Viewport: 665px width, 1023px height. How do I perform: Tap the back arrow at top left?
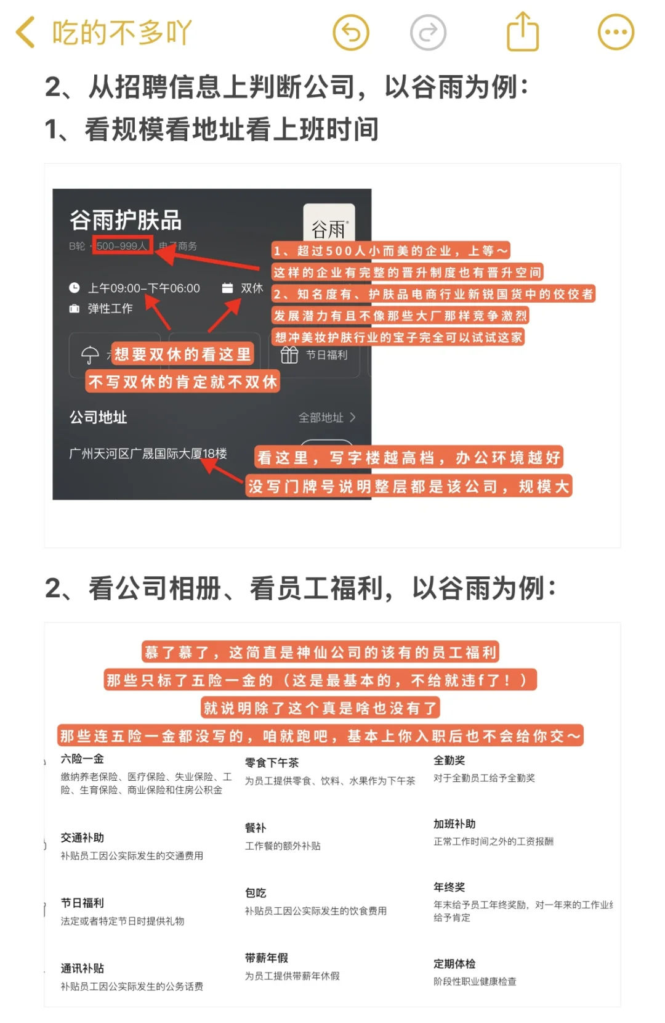tap(25, 32)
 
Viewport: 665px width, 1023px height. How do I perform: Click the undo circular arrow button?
tap(351, 32)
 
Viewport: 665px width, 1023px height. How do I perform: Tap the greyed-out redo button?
tap(428, 32)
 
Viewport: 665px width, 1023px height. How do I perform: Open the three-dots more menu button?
tap(616, 32)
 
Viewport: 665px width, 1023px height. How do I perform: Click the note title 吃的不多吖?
tap(122, 32)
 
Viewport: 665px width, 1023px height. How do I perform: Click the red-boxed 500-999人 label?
tap(122, 246)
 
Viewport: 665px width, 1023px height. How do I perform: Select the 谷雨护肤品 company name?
tap(126, 220)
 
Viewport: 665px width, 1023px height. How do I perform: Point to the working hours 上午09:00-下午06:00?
tap(144, 288)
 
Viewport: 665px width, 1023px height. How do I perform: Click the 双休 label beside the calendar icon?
tap(252, 288)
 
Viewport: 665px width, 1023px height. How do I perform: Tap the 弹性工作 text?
tap(110, 308)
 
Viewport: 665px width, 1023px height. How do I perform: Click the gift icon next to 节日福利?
tap(289, 355)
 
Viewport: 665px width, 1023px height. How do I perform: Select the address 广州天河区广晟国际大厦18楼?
tap(148, 454)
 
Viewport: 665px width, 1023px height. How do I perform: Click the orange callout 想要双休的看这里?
tap(183, 354)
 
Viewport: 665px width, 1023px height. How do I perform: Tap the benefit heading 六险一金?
tap(82, 759)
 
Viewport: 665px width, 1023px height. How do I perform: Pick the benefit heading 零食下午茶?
tap(272, 762)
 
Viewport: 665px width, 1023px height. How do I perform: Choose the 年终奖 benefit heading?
tap(449, 887)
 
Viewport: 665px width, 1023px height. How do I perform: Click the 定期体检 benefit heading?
tap(454, 963)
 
